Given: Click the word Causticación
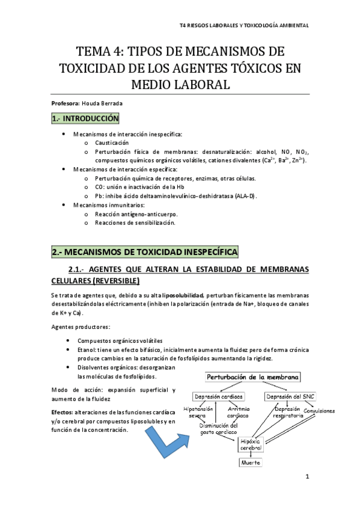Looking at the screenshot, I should (x=112, y=143).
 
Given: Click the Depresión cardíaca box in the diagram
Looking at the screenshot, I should (x=218, y=397).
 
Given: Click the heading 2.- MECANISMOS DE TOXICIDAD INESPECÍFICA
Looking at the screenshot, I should (x=145, y=251).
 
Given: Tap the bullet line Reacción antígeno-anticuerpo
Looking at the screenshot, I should (x=135, y=214).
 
